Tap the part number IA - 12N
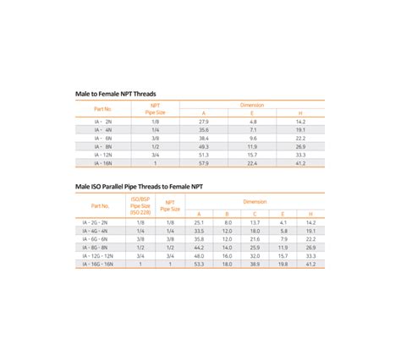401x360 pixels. [102, 155]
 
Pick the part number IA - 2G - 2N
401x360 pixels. [100, 221]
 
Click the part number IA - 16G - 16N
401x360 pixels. [100, 264]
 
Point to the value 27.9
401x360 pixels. [204, 122]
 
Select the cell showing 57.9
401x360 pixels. [204, 164]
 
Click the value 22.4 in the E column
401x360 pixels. [252, 164]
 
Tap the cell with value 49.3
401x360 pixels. [204, 147]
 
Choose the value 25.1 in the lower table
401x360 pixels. [199, 221]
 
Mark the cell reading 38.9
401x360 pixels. [255, 264]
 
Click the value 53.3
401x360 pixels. [199, 264]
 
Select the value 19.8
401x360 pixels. [283, 264]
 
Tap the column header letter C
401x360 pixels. [255, 214]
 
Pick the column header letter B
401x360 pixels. [227, 214]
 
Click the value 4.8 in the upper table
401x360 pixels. [252, 122]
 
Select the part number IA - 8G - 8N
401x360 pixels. [100, 247]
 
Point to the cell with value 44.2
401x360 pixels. [199, 247]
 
